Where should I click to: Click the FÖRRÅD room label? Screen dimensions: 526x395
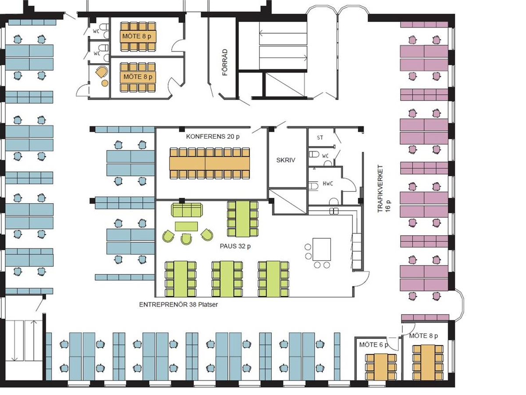225,62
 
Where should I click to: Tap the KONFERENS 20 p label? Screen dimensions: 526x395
213,136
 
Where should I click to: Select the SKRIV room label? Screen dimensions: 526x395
286,160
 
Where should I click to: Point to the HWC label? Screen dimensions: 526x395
328,184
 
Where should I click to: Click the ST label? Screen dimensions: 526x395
320,138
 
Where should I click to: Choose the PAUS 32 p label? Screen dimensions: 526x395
235,246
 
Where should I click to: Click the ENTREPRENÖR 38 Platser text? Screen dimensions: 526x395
178,305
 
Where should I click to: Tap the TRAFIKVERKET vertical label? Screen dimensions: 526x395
380,189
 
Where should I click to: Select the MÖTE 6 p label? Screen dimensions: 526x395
373,345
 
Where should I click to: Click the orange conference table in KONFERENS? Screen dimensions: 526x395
210,163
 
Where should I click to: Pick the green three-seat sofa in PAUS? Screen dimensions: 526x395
187,210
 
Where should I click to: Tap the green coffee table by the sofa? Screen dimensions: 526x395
186,226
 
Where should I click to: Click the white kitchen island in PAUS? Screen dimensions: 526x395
322,249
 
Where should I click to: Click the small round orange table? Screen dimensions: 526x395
105,83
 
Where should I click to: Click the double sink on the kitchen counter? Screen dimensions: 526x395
334,211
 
